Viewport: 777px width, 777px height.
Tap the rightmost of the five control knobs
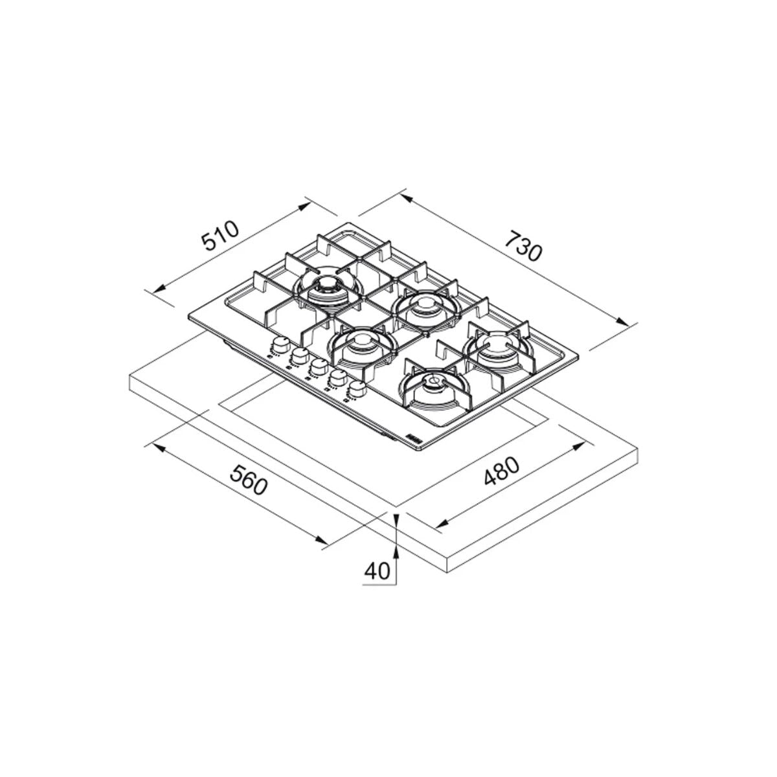click(x=357, y=388)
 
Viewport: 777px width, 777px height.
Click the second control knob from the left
click(x=299, y=355)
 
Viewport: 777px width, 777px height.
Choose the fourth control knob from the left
click(x=337, y=377)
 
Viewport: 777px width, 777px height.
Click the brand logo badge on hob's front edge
click(x=414, y=438)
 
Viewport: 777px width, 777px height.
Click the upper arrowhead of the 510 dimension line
click(x=306, y=203)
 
